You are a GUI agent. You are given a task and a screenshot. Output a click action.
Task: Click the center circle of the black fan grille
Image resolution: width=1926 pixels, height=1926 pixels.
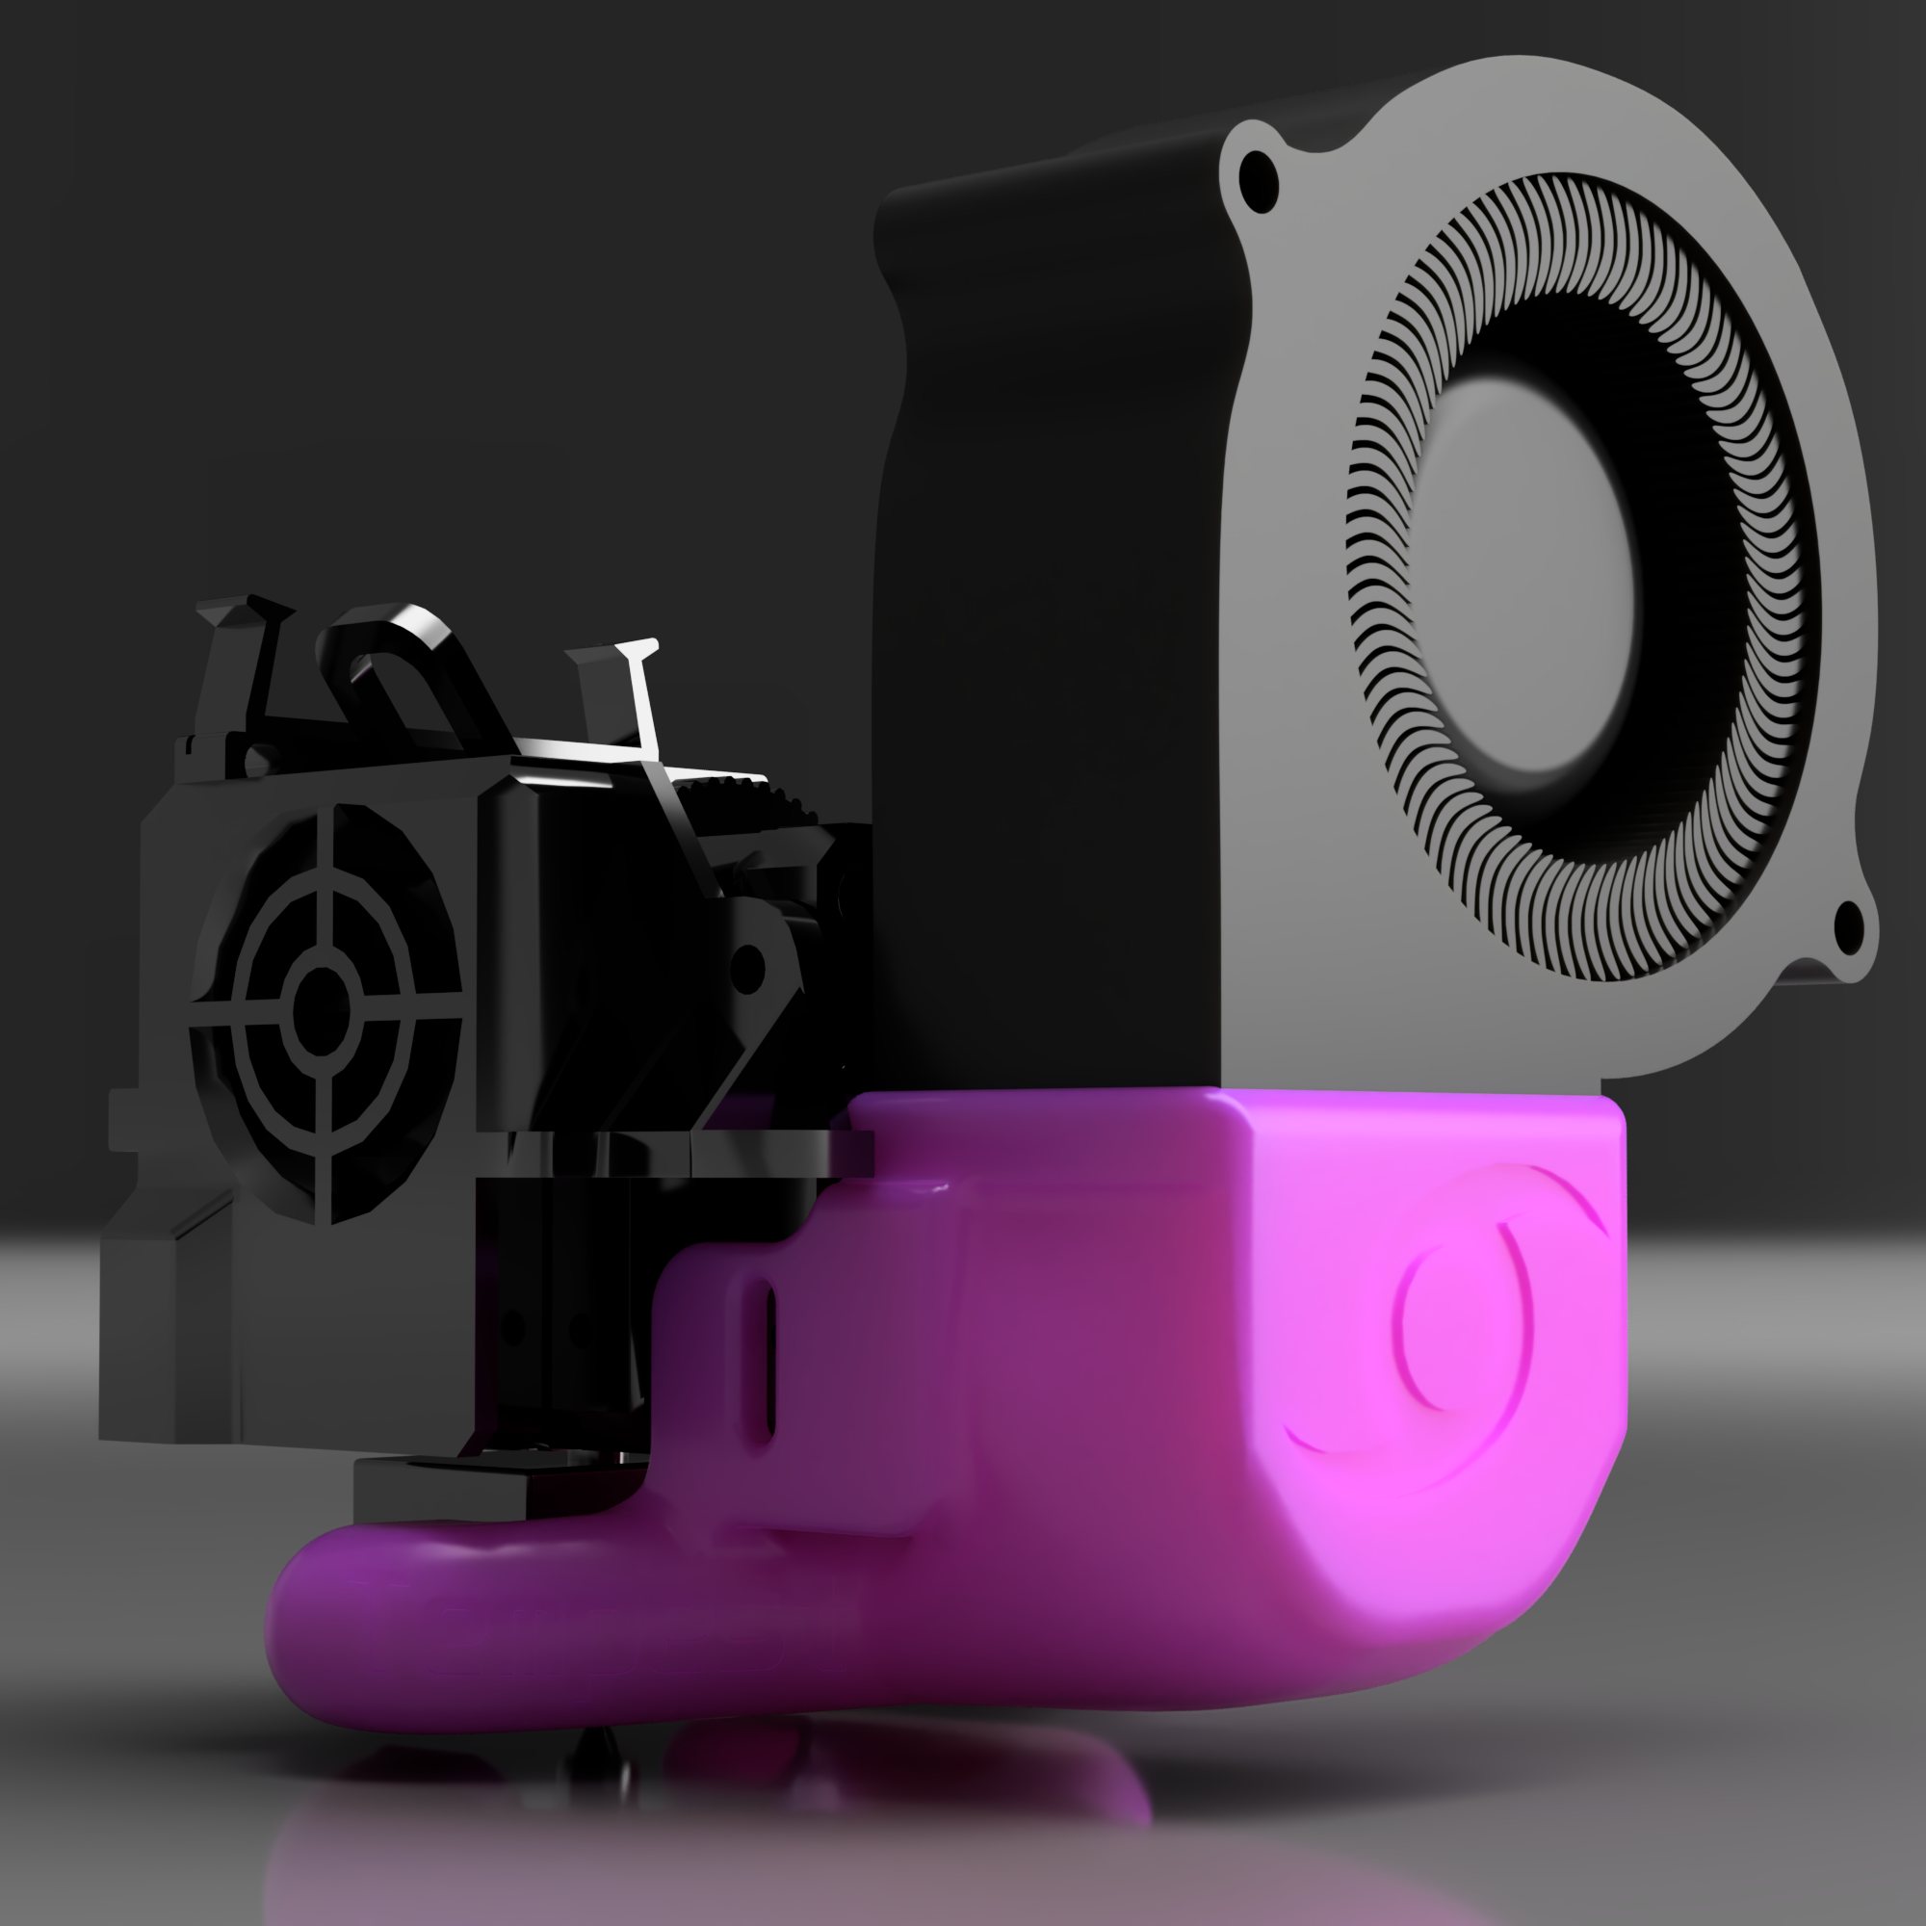(321, 1002)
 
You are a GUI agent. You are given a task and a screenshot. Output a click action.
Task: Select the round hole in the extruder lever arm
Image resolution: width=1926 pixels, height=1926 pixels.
(747, 966)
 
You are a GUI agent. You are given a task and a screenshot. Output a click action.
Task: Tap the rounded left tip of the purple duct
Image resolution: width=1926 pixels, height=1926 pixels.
(299, 1635)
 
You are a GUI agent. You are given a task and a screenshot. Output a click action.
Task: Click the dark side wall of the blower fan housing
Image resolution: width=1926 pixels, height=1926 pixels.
(1047, 598)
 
